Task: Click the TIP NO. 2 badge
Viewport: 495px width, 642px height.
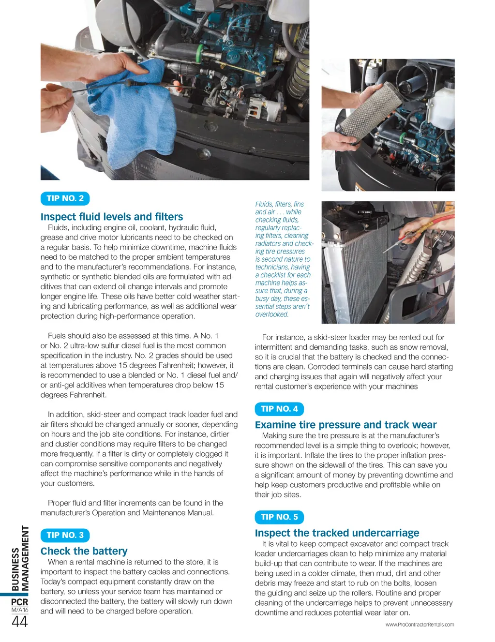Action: pyautogui.click(x=65, y=198)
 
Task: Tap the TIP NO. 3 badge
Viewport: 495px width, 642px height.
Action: pyautogui.click(x=65, y=535)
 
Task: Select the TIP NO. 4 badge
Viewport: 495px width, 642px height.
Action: pyautogui.click(x=279, y=409)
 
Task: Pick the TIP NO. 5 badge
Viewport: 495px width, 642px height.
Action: pyautogui.click(x=279, y=517)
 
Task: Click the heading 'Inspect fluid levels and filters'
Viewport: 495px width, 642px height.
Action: pyautogui.click(x=112, y=217)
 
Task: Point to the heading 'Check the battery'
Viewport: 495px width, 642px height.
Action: pyautogui.click(x=84, y=551)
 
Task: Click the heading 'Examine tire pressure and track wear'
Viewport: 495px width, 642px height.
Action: pyautogui.click(x=345, y=425)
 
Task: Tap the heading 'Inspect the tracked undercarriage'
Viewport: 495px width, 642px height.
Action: pyautogui.click(x=337, y=533)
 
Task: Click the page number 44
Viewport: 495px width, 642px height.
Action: pyautogui.click(x=20, y=622)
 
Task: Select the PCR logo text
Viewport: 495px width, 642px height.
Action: pyautogui.click(x=20, y=602)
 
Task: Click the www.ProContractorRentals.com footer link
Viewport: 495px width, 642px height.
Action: pyautogui.click(x=420, y=625)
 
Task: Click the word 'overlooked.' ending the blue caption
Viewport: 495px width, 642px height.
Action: pyautogui.click(x=272, y=314)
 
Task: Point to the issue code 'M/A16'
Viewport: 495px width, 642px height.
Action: pyautogui.click(x=20, y=610)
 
